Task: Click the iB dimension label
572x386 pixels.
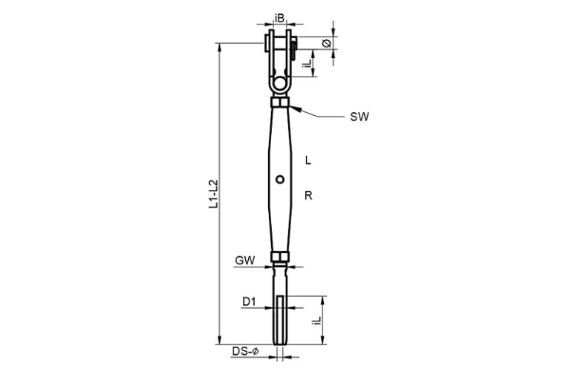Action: pyautogui.click(x=279, y=18)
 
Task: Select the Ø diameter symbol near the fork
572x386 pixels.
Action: pyautogui.click(x=327, y=43)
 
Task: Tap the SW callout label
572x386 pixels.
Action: pyautogui.click(x=360, y=117)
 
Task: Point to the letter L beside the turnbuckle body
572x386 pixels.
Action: pyautogui.click(x=308, y=160)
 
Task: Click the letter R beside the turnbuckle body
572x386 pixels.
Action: pyautogui.click(x=308, y=196)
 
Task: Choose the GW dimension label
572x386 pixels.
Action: pyautogui.click(x=245, y=261)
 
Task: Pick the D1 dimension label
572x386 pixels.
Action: pyautogui.click(x=249, y=301)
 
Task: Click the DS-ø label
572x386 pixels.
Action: pyautogui.click(x=245, y=351)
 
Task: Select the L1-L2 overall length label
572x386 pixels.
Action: pyautogui.click(x=213, y=194)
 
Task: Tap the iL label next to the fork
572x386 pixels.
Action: pyautogui.click(x=308, y=62)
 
